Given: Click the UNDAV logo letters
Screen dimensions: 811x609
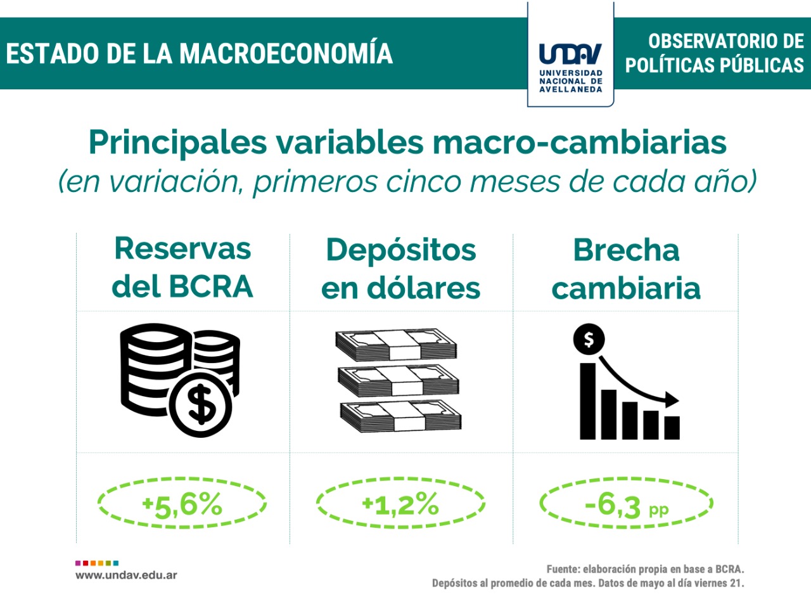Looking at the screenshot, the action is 570,54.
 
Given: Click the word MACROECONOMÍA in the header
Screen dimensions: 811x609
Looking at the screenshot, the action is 286,53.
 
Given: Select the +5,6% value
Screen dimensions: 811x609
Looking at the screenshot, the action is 182,504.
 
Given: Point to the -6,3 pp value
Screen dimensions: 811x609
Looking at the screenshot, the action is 627,505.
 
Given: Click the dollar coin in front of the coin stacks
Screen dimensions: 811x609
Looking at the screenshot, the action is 201,404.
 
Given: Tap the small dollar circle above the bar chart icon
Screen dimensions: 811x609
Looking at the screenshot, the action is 589,339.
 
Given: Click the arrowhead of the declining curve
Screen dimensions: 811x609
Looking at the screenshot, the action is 672,400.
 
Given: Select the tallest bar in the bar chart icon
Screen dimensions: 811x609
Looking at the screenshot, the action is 587,401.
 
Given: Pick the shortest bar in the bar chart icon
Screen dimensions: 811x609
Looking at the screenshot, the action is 672,428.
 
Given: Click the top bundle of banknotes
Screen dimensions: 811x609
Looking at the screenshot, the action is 396,344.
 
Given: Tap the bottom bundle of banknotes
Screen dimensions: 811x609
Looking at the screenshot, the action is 401,416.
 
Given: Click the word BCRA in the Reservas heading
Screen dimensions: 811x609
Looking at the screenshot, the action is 211,286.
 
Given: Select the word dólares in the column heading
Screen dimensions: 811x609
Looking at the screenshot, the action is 423,287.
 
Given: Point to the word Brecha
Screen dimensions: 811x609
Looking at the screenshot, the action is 626,250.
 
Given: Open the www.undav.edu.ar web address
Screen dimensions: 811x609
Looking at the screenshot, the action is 126,575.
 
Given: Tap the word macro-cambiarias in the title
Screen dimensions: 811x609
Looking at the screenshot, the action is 579,143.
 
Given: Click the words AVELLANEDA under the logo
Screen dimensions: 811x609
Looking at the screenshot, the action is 570,89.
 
